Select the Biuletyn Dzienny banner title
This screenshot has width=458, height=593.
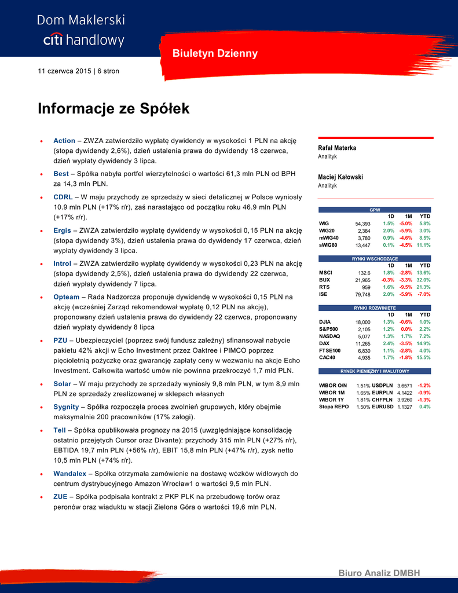(x=215, y=54)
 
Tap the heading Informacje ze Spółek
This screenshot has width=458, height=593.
(x=113, y=109)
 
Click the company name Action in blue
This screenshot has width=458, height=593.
(x=64, y=141)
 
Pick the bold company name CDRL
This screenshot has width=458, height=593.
(x=63, y=197)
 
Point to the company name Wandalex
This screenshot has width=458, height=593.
(x=70, y=473)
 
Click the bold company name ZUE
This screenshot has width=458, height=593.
(x=60, y=497)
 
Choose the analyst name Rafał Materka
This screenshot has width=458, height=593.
(x=338, y=148)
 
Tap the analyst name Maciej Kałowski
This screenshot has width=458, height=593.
(x=340, y=177)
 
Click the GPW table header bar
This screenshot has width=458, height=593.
(x=375, y=209)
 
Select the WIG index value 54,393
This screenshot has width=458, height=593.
(x=362, y=224)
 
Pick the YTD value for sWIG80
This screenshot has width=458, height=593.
(x=423, y=245)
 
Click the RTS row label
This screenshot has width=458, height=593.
(x=324, y=287)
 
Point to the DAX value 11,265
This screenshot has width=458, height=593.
(x=362, y=343)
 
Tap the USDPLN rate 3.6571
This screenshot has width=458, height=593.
(x=405, y=386)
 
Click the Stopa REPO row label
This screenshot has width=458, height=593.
(x=334, y=407)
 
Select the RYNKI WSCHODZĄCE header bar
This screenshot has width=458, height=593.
(x=375, y=258)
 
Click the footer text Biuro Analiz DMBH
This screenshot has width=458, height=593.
(x=379, y=573)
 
